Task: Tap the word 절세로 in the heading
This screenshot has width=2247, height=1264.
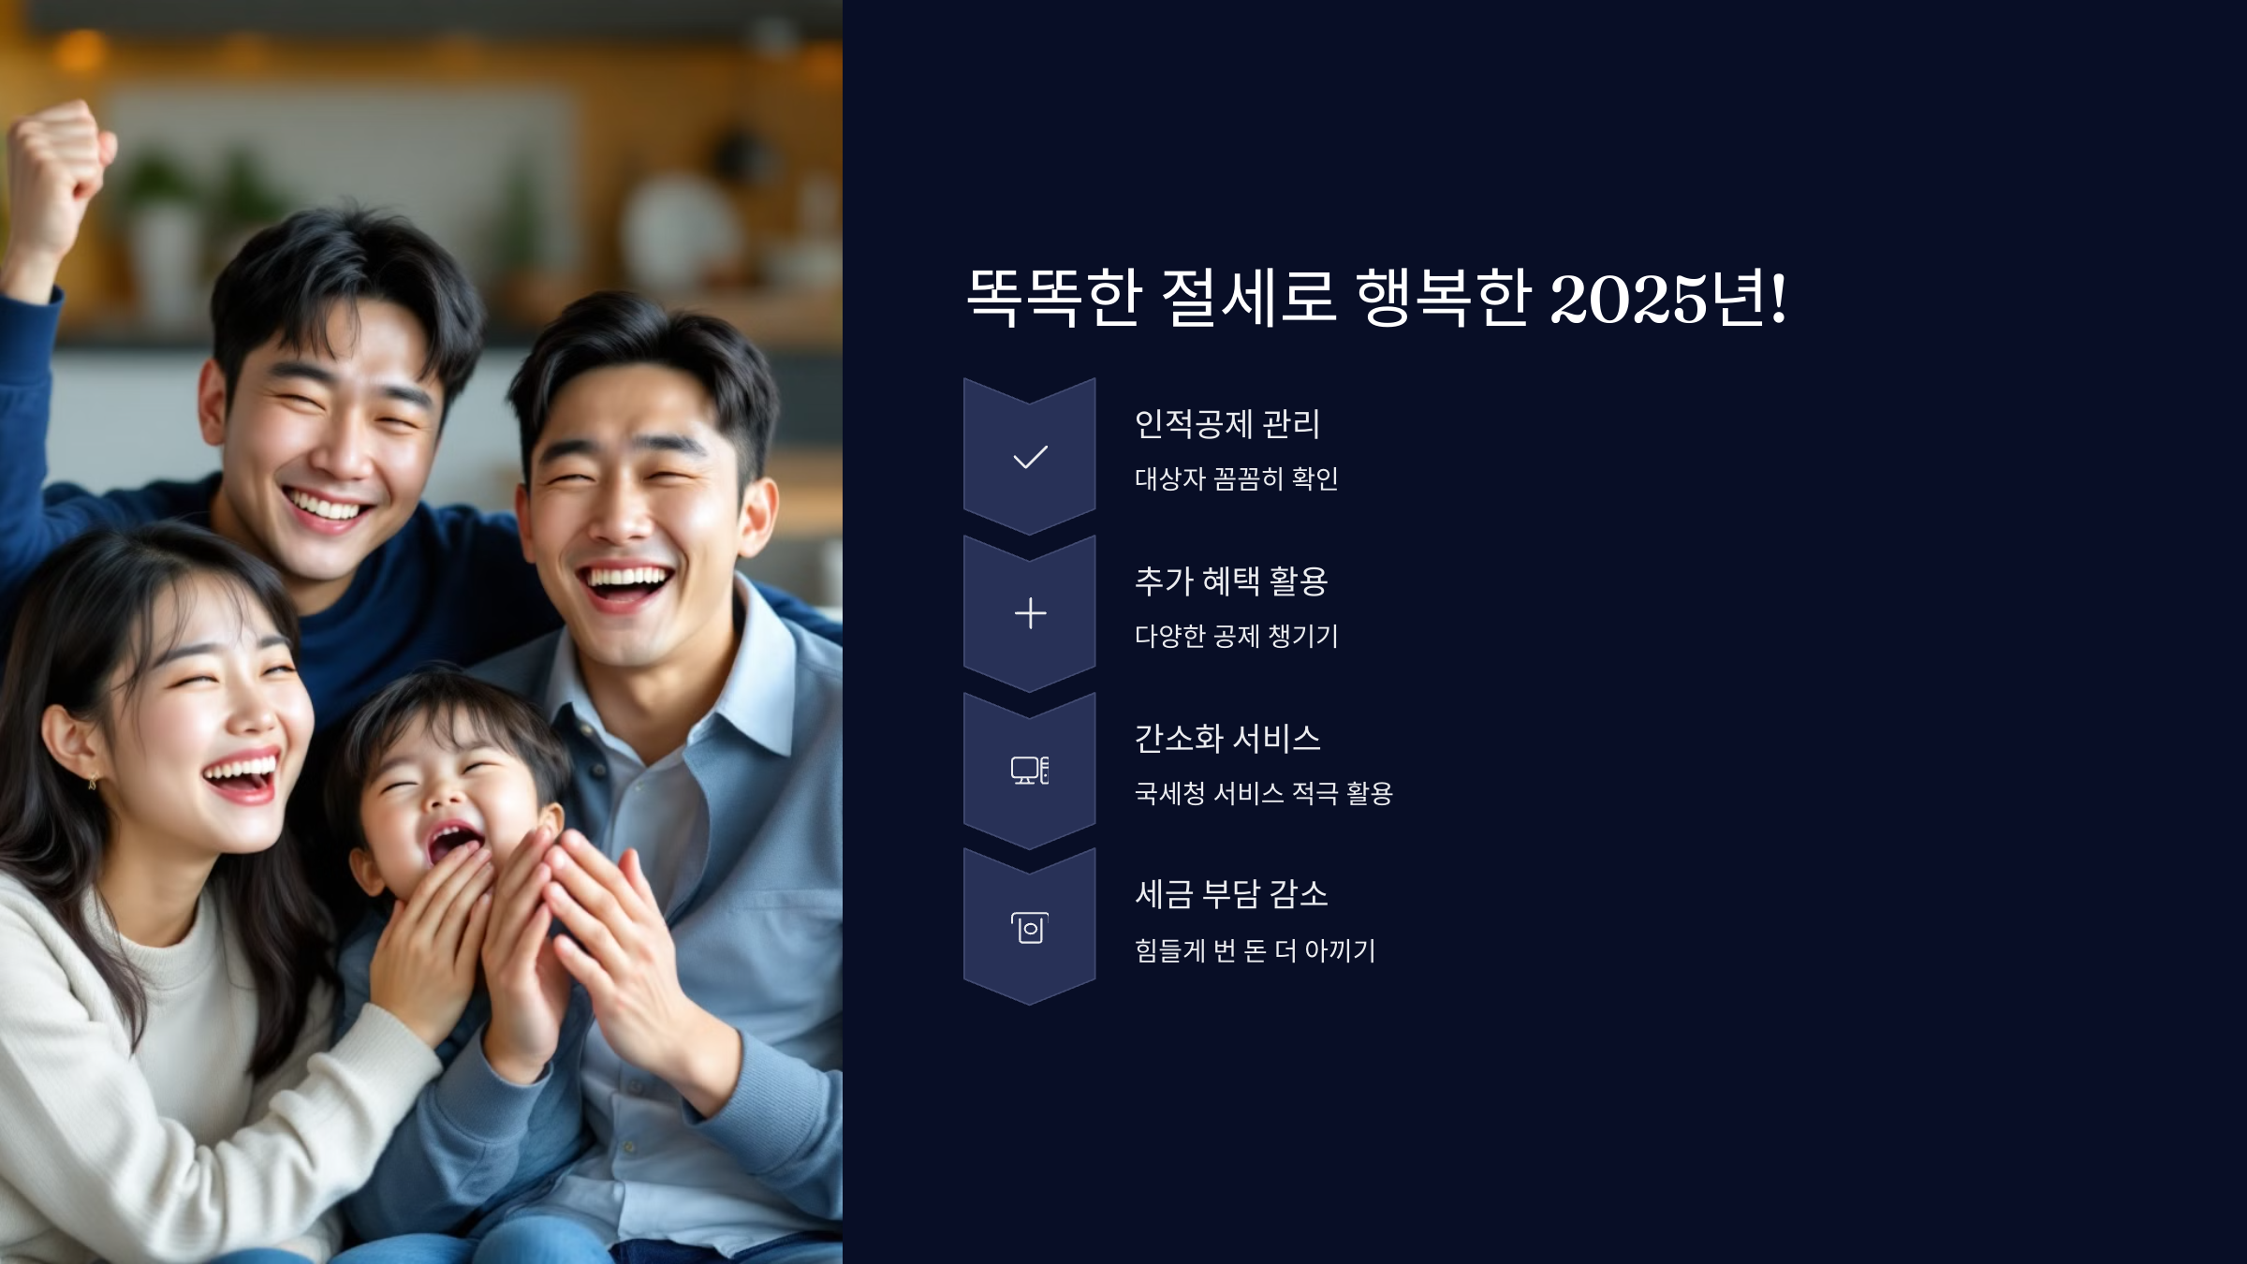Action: tap(1248, 298)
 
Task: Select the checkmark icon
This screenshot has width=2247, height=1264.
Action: tap(1030, 457)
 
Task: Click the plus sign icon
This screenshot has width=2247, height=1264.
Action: tap(1030, 613)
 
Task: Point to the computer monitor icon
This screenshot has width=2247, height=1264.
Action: tap(1029, 770)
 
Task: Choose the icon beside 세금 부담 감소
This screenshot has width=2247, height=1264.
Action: tap(1030, 928)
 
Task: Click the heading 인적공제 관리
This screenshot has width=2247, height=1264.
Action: tap(1226, 424)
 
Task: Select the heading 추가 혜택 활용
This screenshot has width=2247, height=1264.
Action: tap(1231, 581)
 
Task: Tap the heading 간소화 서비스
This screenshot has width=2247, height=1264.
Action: tap(1226, 739)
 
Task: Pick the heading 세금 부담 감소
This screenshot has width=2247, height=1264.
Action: tap(1231, 895)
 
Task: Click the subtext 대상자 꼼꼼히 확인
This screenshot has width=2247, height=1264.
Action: tap(1236, 478)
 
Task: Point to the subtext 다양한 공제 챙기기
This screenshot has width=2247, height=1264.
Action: tap(1236, 636)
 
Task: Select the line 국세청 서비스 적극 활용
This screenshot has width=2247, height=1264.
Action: tap(1263, 793)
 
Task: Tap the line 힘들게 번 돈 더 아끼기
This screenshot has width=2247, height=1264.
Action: tap(1255, 950)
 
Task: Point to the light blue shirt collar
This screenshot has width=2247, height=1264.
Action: tap(749, 665)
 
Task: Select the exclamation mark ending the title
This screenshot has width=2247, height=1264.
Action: tap(1777, 298)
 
